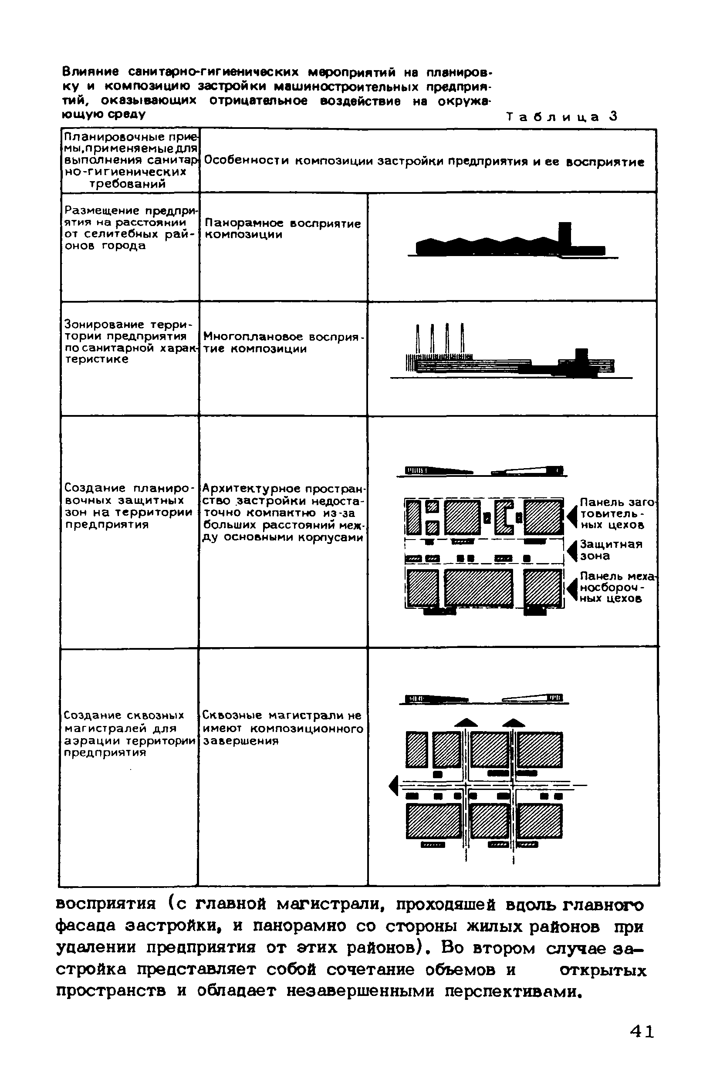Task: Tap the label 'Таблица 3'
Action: pos(562,117)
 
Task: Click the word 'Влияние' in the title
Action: pos(90,72)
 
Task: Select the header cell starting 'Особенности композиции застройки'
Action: pos(423,162)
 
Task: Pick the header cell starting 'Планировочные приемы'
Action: pos(130,160)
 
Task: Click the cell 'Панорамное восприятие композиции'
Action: pos(282,229)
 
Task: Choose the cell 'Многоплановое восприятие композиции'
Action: pos(283,342)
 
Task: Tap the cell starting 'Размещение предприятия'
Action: pos(130,228)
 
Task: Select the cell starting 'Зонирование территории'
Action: pos(129,341)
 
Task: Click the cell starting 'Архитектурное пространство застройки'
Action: pos(283,512)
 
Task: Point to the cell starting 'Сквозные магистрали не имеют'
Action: pos(283,728)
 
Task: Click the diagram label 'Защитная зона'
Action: pos(610,550)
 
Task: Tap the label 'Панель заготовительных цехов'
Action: pos(617,513)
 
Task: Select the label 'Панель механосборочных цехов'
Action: pos(617,587)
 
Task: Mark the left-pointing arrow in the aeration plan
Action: pos(393,786)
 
